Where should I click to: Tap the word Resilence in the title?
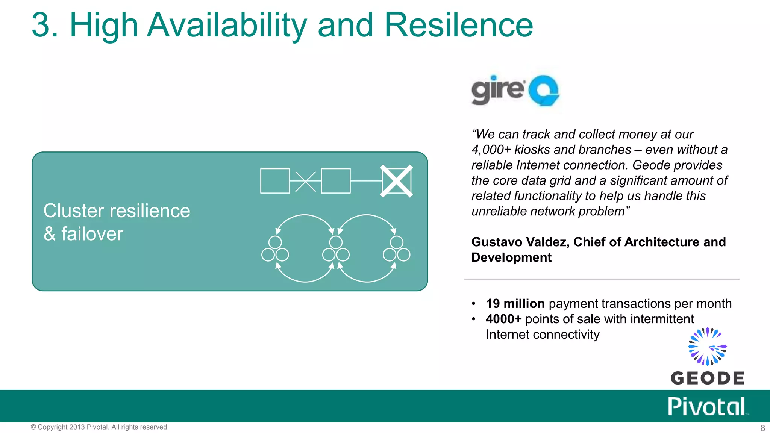(458, 26)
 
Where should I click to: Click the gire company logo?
(515, 90)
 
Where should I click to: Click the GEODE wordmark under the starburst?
(707, 378)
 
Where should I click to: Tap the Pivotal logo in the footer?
(707, 407)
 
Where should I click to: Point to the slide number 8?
(762, 428)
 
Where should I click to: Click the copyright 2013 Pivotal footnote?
(100, 427)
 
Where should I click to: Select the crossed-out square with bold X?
(397, 181)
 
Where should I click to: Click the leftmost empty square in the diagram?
(275, 181)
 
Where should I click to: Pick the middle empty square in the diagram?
(336, 181)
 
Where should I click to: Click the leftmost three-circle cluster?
(275, 249)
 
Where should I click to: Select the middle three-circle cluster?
(336, 249)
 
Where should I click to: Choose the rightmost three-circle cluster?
(396, 249)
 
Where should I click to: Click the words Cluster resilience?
(117, 211)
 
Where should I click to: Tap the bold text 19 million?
(515, 304)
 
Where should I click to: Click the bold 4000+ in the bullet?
(503, 319)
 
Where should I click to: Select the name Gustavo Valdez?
(520, 242)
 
